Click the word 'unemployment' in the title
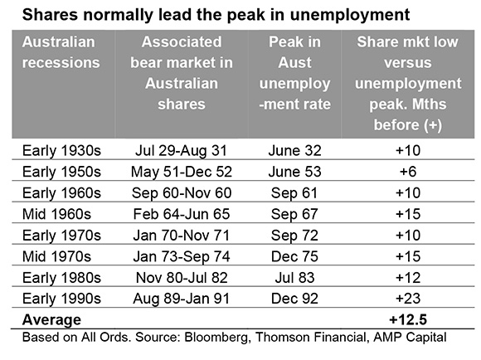pos(350,15)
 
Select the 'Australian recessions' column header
pos(61,52)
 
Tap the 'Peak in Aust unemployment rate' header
pos(294,73)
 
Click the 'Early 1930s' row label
pos(61,151)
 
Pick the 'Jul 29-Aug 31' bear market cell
pos(181,151)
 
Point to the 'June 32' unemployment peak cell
pos(294,151)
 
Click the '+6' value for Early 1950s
pos(408,172)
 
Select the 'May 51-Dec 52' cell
pos(182,172)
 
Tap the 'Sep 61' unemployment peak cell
pos(294,193)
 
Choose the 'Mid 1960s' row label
pos(56,214)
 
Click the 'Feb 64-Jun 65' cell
pos(182,214)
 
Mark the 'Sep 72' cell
pos(294,236)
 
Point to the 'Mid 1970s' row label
pos(56,256)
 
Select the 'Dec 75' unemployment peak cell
pos(294,256)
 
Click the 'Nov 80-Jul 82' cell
pos(182,278)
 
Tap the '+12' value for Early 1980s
pos(408,278)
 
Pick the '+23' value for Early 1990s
pos(408,299)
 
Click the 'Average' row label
pos(51,320)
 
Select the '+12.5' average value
pos(408,320)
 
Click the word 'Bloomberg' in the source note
pos(216,338)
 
